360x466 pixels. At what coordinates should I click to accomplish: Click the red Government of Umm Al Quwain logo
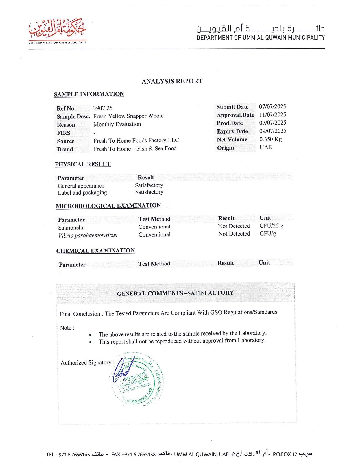click(57, 31)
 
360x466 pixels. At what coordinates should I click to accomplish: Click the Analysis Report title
click(172, 81)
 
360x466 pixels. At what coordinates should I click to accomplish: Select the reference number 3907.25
click(103, 108)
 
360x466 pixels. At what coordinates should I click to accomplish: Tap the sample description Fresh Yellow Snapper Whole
click(128, 116)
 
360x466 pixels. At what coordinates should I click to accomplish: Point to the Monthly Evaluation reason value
click(117, 124)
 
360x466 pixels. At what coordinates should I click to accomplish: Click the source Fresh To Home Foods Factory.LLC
click(136, 140)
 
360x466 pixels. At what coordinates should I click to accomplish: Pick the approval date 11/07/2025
click(272, 115)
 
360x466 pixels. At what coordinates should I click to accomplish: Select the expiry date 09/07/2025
click(273, 131)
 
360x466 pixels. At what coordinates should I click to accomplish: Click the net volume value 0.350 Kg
click(270, 139)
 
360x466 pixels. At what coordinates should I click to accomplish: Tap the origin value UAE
click(266, 147)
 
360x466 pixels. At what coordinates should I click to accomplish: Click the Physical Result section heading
click(83, 164)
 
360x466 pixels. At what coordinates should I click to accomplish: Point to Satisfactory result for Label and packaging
click(149, 192)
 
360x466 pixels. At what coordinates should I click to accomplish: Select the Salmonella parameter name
click(71, 228)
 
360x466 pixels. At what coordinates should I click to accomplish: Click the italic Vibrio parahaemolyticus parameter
click(88, 235)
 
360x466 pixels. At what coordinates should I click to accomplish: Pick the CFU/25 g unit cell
click(271, 226)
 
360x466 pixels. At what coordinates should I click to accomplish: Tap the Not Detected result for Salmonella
click(234, 226)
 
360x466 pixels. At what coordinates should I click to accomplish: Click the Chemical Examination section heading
click(95, 251)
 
